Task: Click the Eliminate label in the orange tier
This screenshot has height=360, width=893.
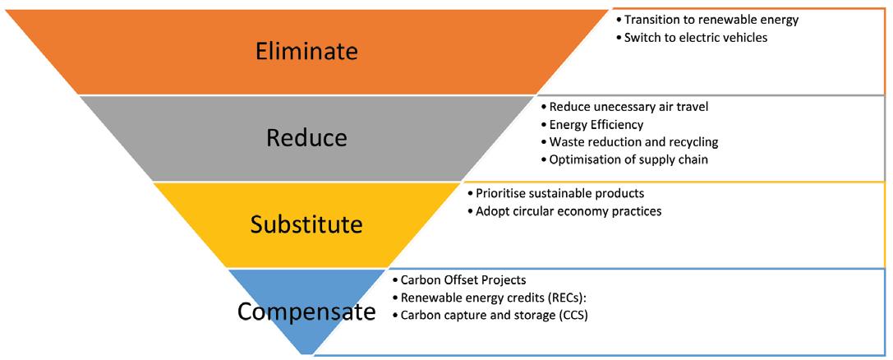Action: tap(306, 51)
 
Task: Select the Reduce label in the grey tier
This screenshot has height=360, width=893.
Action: tap(306, 137)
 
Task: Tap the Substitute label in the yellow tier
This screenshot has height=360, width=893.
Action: tap(306, 224)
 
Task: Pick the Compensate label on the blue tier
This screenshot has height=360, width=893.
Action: tap(306, 312)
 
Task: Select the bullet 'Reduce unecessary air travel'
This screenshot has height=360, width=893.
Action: tap(622, 107)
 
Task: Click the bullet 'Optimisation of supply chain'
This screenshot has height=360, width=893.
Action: tap(624, 159)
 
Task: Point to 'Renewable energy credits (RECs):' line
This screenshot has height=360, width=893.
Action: tap(495, 298)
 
